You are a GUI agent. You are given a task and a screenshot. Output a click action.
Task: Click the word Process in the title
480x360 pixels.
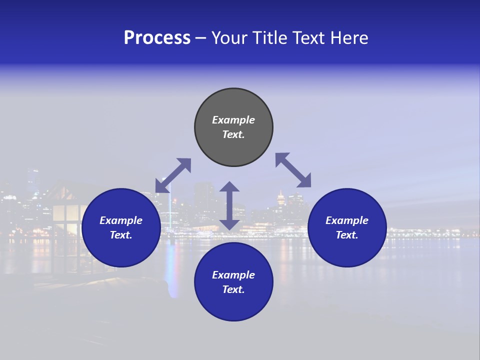coord(157,38)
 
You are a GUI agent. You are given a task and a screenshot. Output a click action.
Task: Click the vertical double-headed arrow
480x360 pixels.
coord(229,205)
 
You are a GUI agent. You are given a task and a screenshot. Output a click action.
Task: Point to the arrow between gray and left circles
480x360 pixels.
coord(173,175)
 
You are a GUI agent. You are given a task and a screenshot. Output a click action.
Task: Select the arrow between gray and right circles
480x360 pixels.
coord(293,170)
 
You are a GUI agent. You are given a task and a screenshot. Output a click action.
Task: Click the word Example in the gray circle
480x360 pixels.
coord(233,120)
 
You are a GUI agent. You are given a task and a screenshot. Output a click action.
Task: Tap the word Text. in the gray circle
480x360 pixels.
coord(233,134)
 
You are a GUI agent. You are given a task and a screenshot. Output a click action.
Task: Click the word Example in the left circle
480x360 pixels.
coord(121,220)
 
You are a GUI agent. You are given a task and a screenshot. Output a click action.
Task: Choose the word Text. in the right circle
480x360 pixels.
coord(347,235)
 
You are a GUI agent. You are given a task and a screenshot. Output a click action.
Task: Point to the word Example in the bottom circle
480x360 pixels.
coord(233,275)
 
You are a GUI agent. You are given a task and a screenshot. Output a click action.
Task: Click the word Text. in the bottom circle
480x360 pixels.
coord(233,289)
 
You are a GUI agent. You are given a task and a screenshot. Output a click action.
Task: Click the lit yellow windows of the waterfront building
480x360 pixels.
coord(65,220)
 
